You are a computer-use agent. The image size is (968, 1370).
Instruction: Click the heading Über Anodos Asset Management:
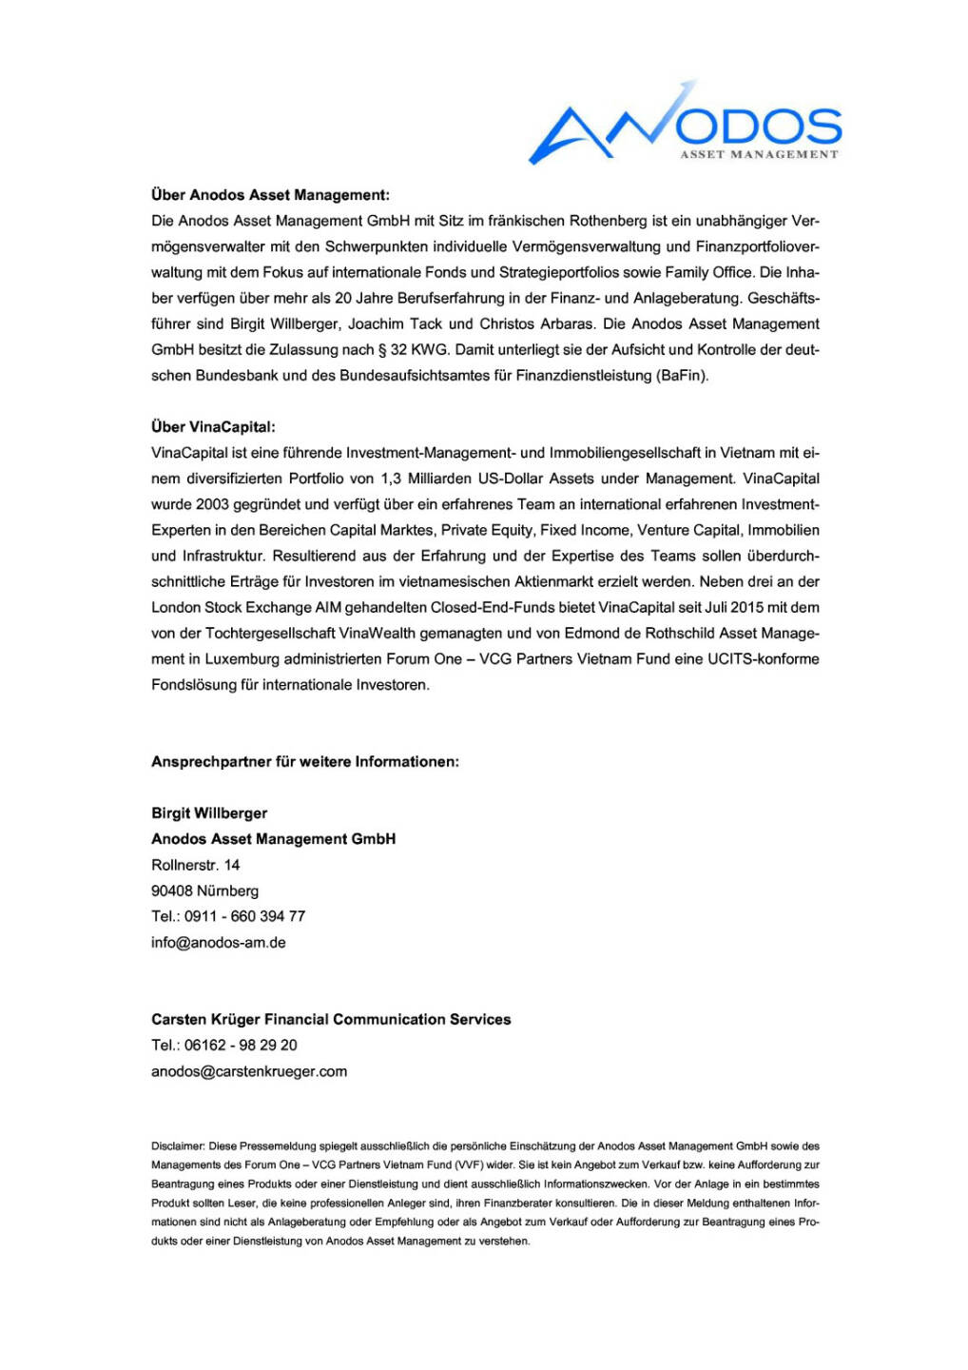(x=270, y=195)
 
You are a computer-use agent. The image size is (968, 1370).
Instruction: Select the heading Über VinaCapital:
(x=213, y=427)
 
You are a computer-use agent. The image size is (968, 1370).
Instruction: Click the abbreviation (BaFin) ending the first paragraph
(x=682, y=375)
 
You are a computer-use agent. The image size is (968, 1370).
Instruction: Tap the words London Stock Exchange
(x=231, y=607)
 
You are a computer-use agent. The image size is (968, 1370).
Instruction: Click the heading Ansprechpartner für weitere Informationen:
(x=305, y=762)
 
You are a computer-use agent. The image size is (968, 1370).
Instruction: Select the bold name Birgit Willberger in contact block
(x=209, y=813)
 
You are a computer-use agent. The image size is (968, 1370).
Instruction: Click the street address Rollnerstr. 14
(x=196, y=865)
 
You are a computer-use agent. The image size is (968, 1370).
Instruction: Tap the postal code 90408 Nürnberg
(x=204, y=890)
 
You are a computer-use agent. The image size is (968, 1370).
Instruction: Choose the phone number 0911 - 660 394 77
(x=244, y=916)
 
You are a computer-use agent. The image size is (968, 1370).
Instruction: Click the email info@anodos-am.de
(x=218, y=943)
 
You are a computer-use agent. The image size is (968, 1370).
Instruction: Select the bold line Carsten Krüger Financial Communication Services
(x=331, y=1019)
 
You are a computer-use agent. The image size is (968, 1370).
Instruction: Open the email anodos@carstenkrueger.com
(x=249, y=1071)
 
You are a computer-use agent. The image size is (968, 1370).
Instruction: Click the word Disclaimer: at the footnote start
(x=178, y=1146)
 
